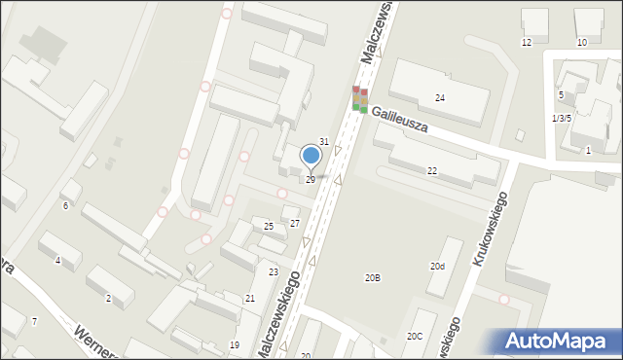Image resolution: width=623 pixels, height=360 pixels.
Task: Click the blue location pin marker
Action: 311,156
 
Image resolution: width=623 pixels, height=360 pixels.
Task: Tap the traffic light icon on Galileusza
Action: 359,98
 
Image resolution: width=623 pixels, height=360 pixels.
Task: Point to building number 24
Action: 440,98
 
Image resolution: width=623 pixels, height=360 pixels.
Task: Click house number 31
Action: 324,142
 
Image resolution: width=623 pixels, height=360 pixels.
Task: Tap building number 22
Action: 432,170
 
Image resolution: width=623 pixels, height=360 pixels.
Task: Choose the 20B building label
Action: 372,278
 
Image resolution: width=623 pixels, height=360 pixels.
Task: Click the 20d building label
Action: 438,266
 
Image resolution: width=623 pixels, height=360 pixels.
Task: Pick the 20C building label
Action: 415,337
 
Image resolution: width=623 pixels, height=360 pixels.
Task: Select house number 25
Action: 269,227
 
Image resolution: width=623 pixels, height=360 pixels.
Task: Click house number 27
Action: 294,224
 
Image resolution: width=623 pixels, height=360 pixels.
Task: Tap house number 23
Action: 274,272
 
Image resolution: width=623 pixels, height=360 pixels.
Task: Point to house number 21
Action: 250,298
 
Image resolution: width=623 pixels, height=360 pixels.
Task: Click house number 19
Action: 234,345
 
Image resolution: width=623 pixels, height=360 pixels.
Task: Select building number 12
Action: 527,43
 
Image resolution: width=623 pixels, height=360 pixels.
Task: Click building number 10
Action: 582,43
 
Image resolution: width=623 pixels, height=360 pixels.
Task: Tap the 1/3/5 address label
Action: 561,118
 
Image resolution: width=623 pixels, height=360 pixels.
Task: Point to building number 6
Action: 65,206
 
